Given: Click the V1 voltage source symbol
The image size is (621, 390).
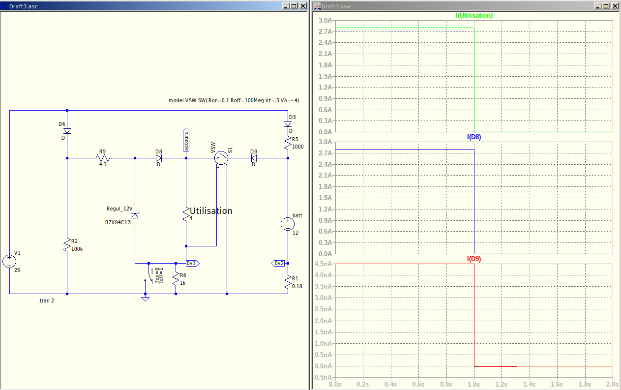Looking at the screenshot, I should (9, 261).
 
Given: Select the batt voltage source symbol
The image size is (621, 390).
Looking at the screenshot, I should (287, 224).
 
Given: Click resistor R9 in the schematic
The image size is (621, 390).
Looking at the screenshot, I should (103, 158).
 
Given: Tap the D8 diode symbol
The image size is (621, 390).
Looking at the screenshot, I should (159, 158).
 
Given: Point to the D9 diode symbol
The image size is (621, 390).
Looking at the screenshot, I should (254, 158).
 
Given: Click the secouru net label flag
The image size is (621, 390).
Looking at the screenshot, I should (186, 140).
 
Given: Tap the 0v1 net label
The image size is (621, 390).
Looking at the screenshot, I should (192, 263).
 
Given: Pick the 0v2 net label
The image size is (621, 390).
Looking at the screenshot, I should (278, 263).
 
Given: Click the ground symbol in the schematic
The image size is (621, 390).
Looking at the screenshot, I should (145, 298).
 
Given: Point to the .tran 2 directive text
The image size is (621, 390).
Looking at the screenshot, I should (46, 300).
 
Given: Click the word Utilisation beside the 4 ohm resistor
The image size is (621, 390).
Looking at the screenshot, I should (211, 211).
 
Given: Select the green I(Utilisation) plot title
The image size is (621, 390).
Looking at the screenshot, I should (474, 15).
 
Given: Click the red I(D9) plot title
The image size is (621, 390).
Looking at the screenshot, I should (474, 259).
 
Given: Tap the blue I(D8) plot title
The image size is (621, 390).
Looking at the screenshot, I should (474, 137).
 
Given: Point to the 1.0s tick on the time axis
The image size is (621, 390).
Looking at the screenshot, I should (474, 384).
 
